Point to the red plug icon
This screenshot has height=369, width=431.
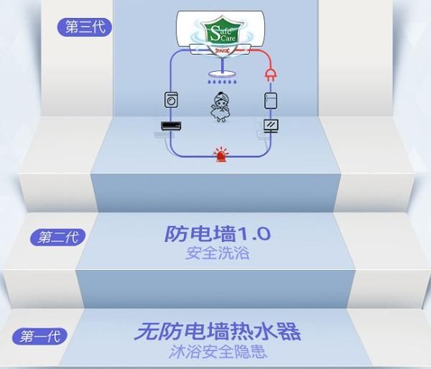point(271,74)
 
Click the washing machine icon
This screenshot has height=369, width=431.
point(171,100)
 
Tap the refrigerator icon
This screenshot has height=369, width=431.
point(271,100)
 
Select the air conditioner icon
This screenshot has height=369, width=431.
point(171,126)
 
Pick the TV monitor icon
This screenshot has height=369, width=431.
point(271,126)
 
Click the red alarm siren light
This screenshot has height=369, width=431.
point(219,153)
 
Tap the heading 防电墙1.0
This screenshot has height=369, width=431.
point(218,233)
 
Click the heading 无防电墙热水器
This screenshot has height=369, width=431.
point(217,332)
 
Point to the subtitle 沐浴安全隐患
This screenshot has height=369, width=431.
point(217,353)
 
